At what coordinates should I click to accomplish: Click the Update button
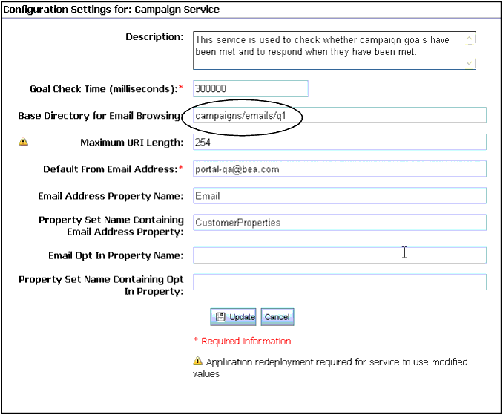click(x=233, y=317)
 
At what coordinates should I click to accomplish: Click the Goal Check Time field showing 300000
click(x=250, y=88)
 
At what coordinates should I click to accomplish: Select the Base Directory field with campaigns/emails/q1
click(x=339, y=115)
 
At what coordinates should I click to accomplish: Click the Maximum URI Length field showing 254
click(x=339, y=142)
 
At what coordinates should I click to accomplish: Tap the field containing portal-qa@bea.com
click(x=339, y=169)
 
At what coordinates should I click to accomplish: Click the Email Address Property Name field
click(x=339, y=195)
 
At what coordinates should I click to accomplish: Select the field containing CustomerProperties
click(x=339, y=222)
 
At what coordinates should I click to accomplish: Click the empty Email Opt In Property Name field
click(x=339, y=255)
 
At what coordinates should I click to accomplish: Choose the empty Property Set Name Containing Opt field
click(x=339, y=282)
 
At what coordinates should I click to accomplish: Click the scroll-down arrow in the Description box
click(x=469, y=63)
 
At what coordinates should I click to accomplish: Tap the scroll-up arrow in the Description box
click(x=469, y=39)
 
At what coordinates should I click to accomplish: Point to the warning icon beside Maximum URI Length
click(x=23, y=141)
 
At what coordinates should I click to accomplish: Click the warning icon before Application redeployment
click(x=197, y=362)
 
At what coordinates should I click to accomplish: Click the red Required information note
click(x=242, y=342)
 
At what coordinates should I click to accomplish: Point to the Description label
click(x=154, y=37)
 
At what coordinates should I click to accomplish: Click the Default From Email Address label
click(x=110, y=169)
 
